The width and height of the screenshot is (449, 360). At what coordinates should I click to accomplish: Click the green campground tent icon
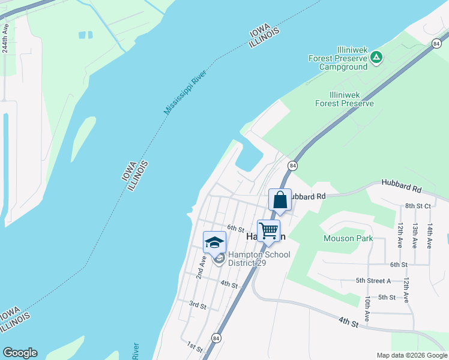(376, 58)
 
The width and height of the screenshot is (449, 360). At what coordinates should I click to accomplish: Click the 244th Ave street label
(5, 39)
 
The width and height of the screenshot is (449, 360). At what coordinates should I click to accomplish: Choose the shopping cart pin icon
(269, 230)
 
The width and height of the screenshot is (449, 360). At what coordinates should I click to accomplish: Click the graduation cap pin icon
(214, 242)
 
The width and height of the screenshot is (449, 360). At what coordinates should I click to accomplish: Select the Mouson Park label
(348, 238)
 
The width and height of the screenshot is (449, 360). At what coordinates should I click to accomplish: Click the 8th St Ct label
(418, 206)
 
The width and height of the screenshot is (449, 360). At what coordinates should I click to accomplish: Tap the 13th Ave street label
(415, 236)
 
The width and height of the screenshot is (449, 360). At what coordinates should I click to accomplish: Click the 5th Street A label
(373, 280)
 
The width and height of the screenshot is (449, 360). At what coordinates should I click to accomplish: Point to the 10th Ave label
(366, 308)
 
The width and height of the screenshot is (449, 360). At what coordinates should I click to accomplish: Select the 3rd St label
(197, 305)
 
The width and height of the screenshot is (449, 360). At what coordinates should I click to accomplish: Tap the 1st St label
(194, 346)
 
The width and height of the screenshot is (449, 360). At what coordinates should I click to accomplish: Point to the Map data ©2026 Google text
(411, 355)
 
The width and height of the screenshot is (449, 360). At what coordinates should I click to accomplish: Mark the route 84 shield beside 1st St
(216, 338)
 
